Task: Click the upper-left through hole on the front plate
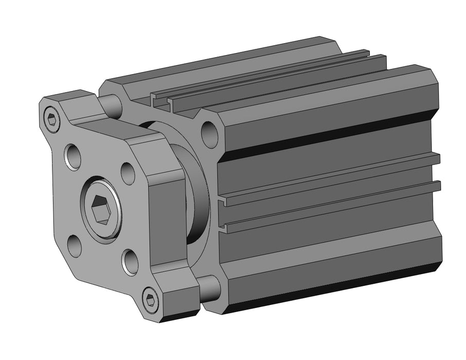(73, 156)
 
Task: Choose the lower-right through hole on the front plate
(130, 262)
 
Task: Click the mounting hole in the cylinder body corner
(209, 134)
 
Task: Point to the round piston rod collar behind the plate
(195, 195)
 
